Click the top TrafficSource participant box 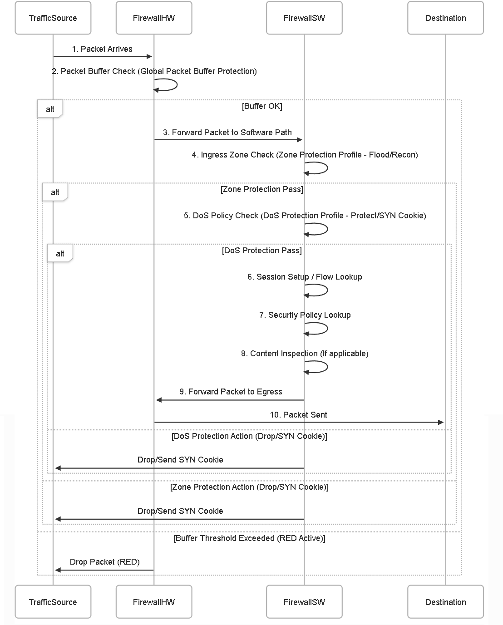click(53, 18)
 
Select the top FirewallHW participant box click(154, 18)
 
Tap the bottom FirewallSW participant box click(304, 602)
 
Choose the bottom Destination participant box click(445, 602)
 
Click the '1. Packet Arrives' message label click(102, 49)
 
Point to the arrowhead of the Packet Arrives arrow click(149, 56)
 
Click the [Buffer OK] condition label click(262, 106)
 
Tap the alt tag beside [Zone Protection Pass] click(55, 192)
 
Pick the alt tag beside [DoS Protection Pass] click(60, 254)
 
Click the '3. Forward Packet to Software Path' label click(227, 133)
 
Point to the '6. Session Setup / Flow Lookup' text click(305, 277)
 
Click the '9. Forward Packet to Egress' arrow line click(230, 400)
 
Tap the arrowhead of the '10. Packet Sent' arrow click(441, 422)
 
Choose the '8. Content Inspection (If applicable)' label click(305, 354)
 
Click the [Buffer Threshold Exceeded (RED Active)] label click(249, 538)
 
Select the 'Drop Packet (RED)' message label click(104, 562)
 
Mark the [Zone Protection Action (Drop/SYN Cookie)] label click(249, 487)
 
